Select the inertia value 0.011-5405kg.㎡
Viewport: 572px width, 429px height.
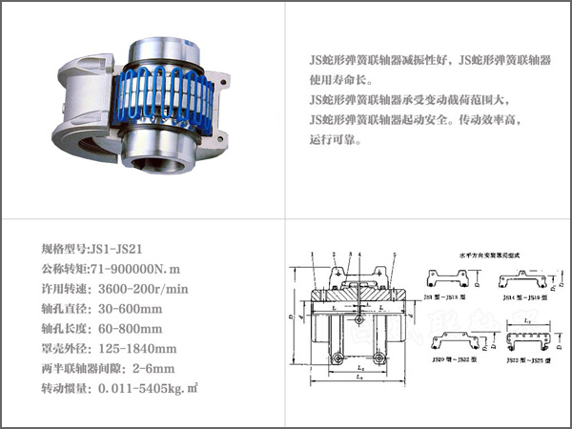coord(149,390)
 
